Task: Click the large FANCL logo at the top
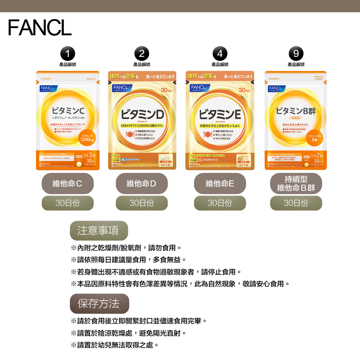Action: coord(40,27)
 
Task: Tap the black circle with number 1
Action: coord(68,54)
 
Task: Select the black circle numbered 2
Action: coord(141,54)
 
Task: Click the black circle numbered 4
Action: coord(220,54)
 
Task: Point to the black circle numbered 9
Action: coord(296,54)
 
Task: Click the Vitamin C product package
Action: coord(68,121)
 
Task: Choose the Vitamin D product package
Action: coord(142,121)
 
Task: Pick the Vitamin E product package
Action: coord(220,121)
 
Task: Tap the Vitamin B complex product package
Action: coord(296,121)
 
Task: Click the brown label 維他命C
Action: coord(68,184)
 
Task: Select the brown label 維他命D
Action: coord(142,184)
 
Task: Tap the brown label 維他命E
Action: coord(220,184)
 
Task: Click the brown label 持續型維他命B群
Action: coord(296,184)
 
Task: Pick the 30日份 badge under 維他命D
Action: coord(142,203)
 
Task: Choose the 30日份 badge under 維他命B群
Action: coord(296,203)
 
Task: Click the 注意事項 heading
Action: coord(99,230)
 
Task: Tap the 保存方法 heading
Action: coord(99,303)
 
